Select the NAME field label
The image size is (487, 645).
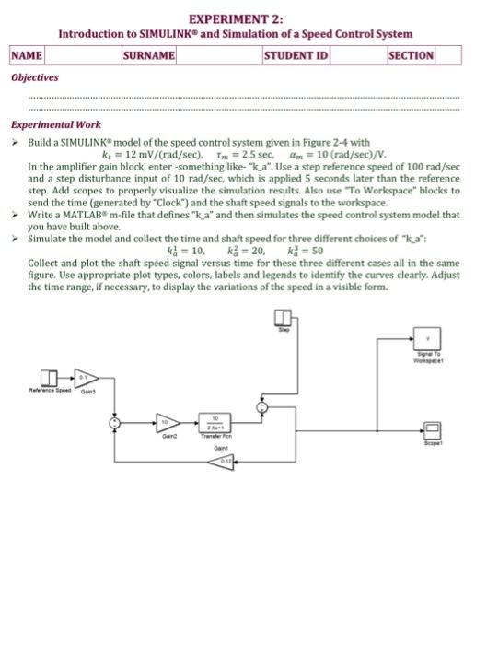pyautogui.click(x=28, y=55)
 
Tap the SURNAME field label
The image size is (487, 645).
pyautogui.click(x=148, y=55)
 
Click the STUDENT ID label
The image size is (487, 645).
pyautogui.click(x=296, y=55)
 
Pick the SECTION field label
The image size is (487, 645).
pyautogui.click(x=411, y=55)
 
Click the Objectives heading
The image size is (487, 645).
pyautogui.click(x=34, y=77)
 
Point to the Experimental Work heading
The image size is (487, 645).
pyautogui.click(x=56, y=125)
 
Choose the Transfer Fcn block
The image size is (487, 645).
pyautogui.click(x=215, y=424)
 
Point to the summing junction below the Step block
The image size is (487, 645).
pyautogui.click(x=263, y=407)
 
